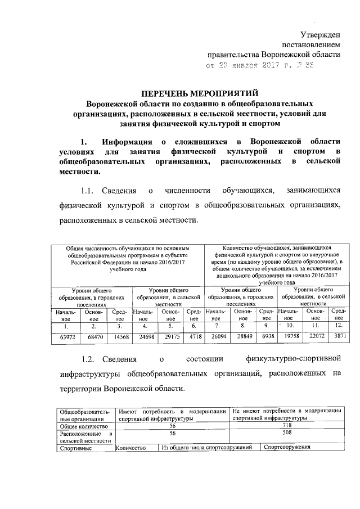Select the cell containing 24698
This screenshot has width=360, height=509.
click(x=145, y=338)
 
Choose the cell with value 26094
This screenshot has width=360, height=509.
click(x=217, y=338)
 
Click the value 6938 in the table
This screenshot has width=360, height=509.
click(x=267, y=338)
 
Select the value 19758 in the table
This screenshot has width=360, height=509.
click(x=291, y=338)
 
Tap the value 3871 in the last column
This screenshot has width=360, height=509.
click(x=339, y=338)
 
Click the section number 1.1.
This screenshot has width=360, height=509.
click(x=90, y=193)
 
